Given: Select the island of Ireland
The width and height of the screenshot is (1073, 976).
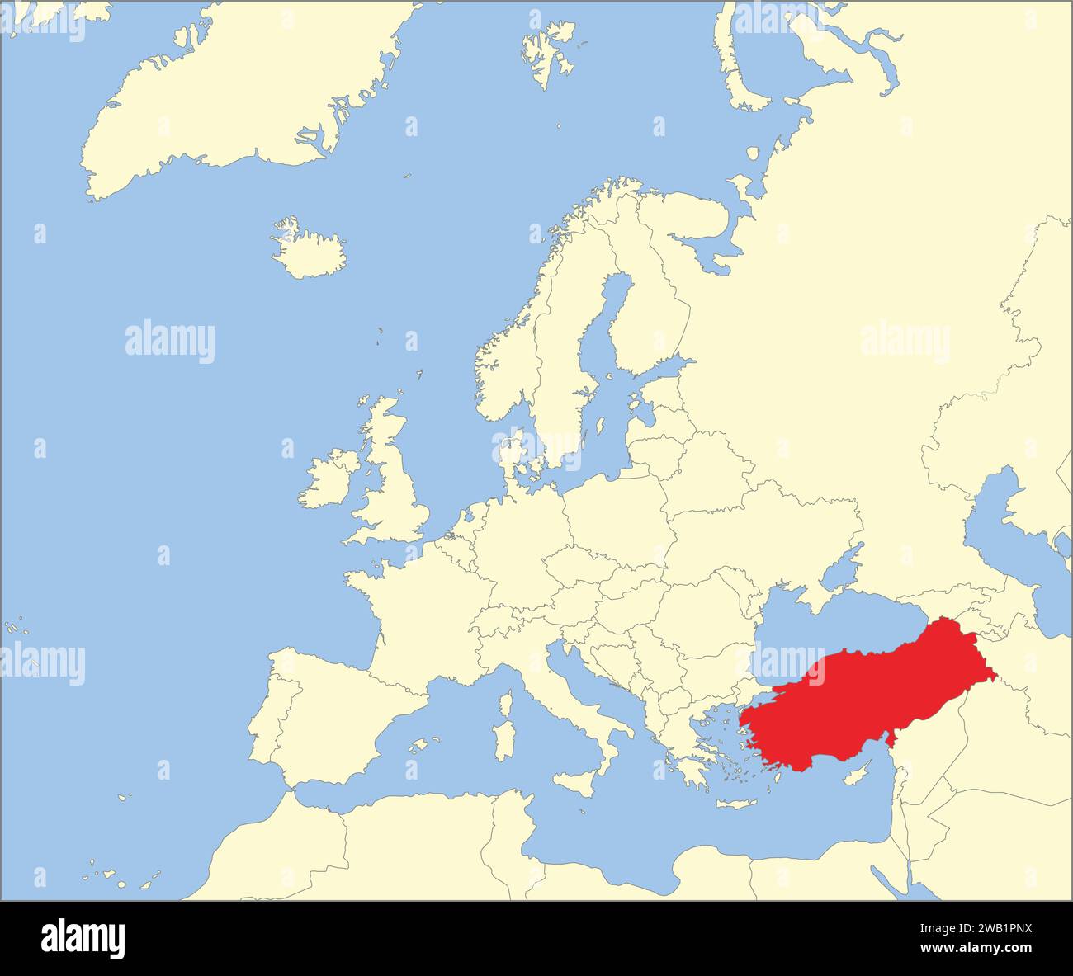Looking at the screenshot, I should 326,483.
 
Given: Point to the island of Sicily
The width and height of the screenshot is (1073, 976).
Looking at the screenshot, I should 578,782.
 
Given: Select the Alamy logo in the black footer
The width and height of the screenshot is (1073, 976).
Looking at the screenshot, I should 83,938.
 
